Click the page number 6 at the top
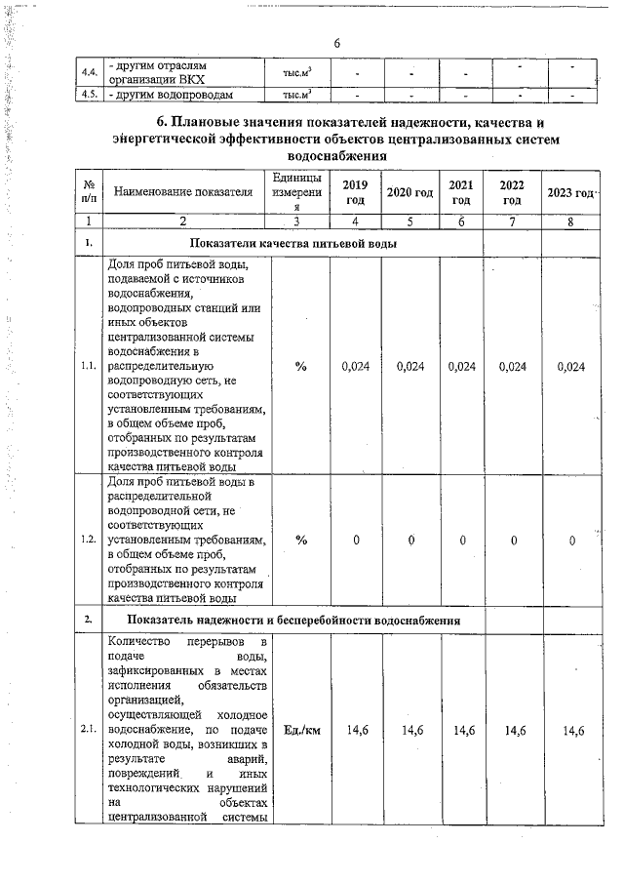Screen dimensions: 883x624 click(336, 44)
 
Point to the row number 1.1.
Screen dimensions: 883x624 click(89, 366)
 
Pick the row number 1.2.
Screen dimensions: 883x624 click(89, 540)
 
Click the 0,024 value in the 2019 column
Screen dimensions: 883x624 click(355, 367)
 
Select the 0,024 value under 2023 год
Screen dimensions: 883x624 click(570, 367)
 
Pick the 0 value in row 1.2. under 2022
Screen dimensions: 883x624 click(513, 541)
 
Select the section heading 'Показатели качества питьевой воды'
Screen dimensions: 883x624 click(292, 243)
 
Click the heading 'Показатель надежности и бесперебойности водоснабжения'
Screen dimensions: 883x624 click(292, 620)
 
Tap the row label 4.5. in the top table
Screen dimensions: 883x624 click(89, 95)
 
